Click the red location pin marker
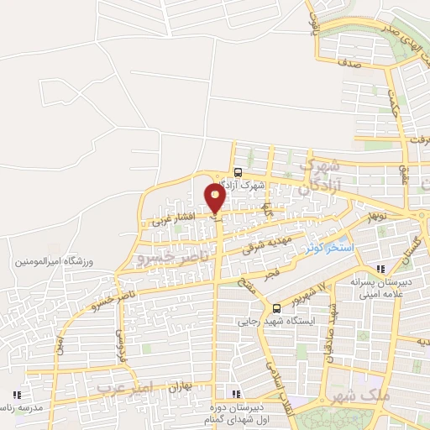coord(215,199)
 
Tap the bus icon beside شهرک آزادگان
coord(238,170)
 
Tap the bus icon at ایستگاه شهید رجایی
coord(276,307)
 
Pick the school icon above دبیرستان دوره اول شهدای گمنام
coord(236,394)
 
